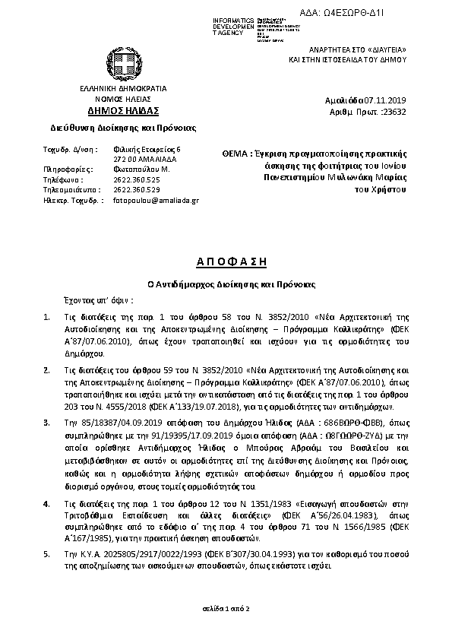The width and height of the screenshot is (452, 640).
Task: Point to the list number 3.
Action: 47,421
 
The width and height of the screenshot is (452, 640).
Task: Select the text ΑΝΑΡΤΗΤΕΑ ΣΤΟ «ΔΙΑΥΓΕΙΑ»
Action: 358,48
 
